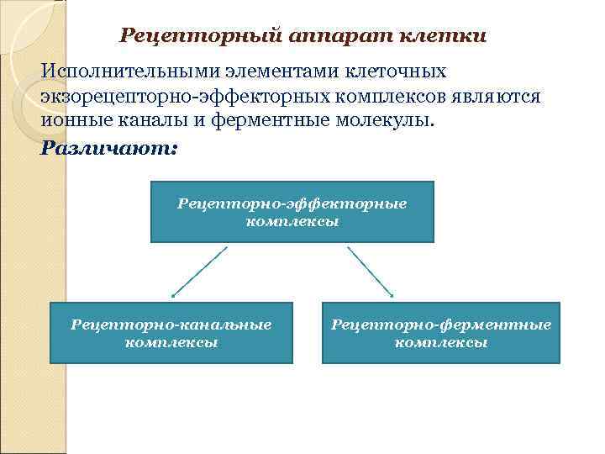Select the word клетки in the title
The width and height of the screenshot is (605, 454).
(x=443, y=36)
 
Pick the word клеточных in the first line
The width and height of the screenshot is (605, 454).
(x=395, y=73)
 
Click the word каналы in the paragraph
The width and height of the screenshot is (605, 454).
(x=164, y=120)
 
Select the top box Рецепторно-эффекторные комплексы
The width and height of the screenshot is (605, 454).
(x=292, y=212)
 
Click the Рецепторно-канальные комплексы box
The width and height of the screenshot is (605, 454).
(x=171, y=333)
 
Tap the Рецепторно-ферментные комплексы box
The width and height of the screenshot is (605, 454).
(x=441, y=333)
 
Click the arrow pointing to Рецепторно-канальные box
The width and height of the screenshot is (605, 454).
(x=199, y=272)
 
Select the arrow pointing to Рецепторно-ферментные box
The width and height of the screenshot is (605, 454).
(x=371, y=272)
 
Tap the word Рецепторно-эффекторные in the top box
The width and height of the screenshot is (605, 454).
(x=292, y=203)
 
